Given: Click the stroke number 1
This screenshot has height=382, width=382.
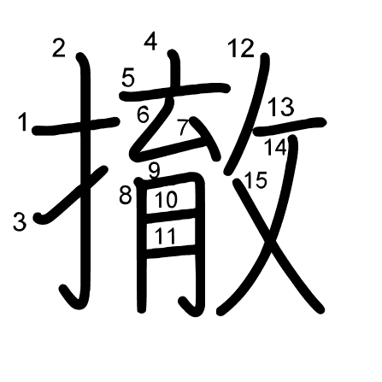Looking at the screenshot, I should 23,123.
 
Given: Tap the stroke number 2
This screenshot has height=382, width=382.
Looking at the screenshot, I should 58,48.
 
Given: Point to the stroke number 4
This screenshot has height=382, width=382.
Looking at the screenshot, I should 151,40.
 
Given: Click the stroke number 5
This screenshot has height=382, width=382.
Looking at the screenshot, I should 128,79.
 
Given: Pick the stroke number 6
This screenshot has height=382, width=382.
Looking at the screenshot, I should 143,113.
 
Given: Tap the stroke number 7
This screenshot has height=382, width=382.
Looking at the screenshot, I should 182,127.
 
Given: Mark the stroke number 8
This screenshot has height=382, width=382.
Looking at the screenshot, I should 126,196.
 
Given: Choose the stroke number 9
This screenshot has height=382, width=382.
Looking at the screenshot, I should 154,169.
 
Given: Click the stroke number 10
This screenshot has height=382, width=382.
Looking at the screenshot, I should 167,200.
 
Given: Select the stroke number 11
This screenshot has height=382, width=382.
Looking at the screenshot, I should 167,235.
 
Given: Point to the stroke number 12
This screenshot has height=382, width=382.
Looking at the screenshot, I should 241,49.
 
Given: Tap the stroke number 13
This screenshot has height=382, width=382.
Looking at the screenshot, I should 280,108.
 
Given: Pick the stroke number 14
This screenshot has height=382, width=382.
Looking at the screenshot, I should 275,146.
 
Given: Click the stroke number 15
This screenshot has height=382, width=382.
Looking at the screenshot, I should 255,180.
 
